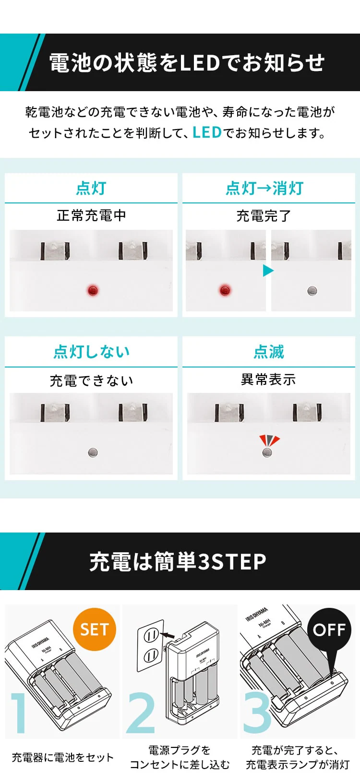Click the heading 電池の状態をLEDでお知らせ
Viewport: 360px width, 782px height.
click(187, 63)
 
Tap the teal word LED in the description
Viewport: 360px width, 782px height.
click(207, 132)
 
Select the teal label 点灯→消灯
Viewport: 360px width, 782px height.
click(264, 188)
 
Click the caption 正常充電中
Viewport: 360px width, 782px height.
click(91, 215)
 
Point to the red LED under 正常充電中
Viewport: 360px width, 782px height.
click(93, 290)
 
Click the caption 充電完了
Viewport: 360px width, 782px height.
click(264, 216)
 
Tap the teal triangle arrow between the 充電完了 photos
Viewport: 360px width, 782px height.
click(268, 271)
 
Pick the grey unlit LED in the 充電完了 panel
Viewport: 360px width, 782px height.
click(312, 291)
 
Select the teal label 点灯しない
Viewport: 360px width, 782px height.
click(91, 352)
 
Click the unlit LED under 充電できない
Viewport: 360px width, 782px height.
click(93, 452)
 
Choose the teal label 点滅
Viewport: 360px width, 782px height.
click(268, 352)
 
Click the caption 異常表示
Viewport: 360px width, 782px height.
click(268, 379)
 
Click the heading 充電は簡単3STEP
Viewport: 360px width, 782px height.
click(178, 561)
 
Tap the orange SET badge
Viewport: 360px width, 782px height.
click(95, 629)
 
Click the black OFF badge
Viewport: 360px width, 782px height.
click(329, 629)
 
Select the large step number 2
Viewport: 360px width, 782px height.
click(141, 713)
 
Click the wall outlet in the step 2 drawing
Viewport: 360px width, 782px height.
click(151, 645)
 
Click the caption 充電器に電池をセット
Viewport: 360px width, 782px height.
click(62, 758)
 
